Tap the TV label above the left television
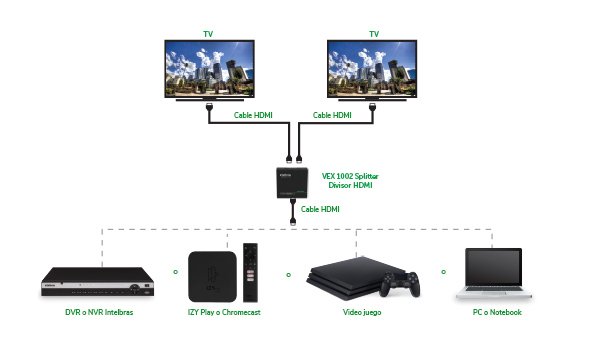click(210, 33)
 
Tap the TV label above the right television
click(374, 33)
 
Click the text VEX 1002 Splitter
click(350, 175)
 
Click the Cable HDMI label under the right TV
click(332, 115)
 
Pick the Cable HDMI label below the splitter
click(320, 209)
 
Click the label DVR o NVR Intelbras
click(92, 312)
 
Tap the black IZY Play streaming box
click(211, 275)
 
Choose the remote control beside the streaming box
click(251, 271)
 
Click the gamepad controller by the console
click(399, 285)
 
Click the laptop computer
click(492, 275)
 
